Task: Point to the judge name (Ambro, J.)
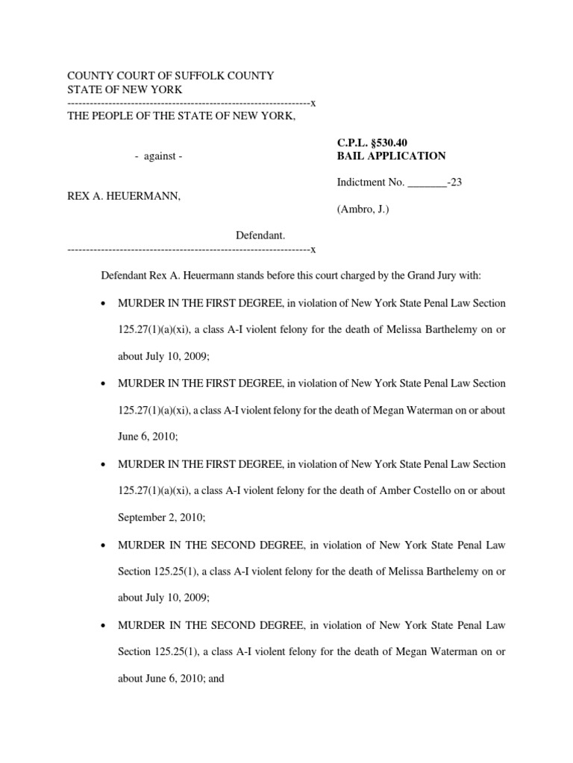[x=363, y=209]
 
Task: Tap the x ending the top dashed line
[x=313, y=102]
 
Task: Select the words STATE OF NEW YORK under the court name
[x=125, y=89]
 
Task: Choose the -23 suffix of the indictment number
[x=455, y=183]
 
